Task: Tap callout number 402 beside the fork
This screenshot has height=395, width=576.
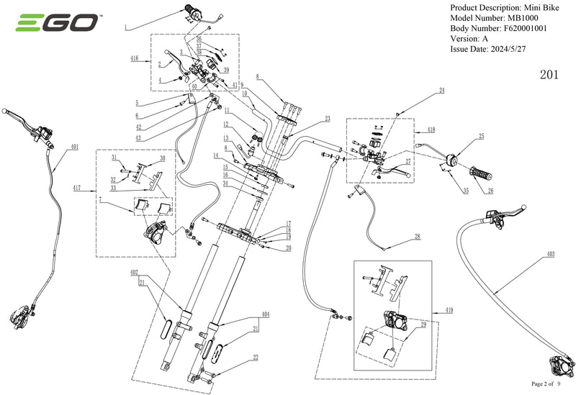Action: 135,272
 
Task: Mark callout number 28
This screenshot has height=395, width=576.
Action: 417,237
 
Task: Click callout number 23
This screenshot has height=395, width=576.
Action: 328,119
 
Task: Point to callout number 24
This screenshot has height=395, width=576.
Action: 443,91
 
